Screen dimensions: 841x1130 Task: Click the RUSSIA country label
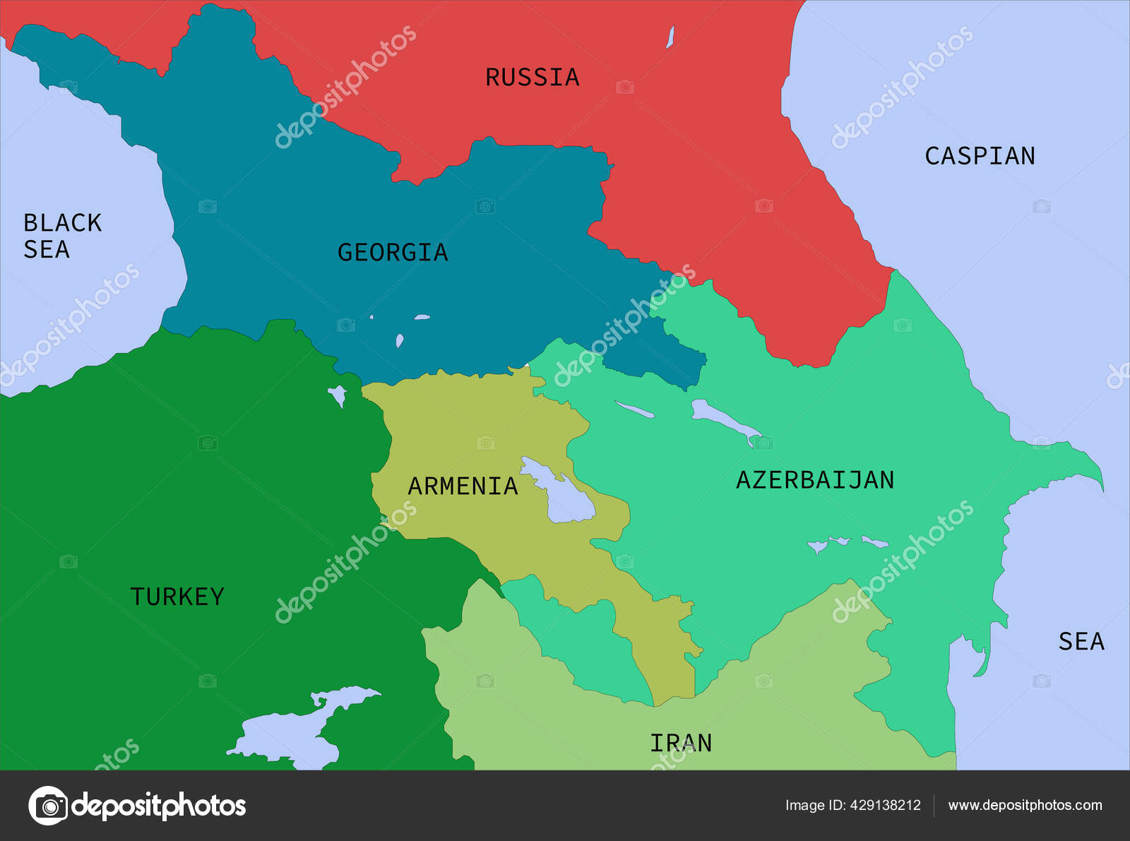532,77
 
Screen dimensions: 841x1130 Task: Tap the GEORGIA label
393,252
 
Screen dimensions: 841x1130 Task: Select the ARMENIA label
463,486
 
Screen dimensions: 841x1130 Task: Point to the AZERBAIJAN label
815,480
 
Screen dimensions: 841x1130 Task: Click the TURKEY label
177,597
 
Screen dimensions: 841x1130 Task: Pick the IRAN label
681,743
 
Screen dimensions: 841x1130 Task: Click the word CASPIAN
980,156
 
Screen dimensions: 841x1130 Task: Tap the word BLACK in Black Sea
63,223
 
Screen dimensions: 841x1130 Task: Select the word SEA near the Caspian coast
1081,641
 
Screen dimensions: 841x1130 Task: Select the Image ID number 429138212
886,805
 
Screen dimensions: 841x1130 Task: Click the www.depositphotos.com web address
1025,805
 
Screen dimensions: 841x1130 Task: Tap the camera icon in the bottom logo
48,806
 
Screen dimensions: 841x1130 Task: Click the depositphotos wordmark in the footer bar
159,806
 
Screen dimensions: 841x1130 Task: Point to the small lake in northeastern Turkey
338,394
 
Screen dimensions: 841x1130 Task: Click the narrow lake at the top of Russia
670,37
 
